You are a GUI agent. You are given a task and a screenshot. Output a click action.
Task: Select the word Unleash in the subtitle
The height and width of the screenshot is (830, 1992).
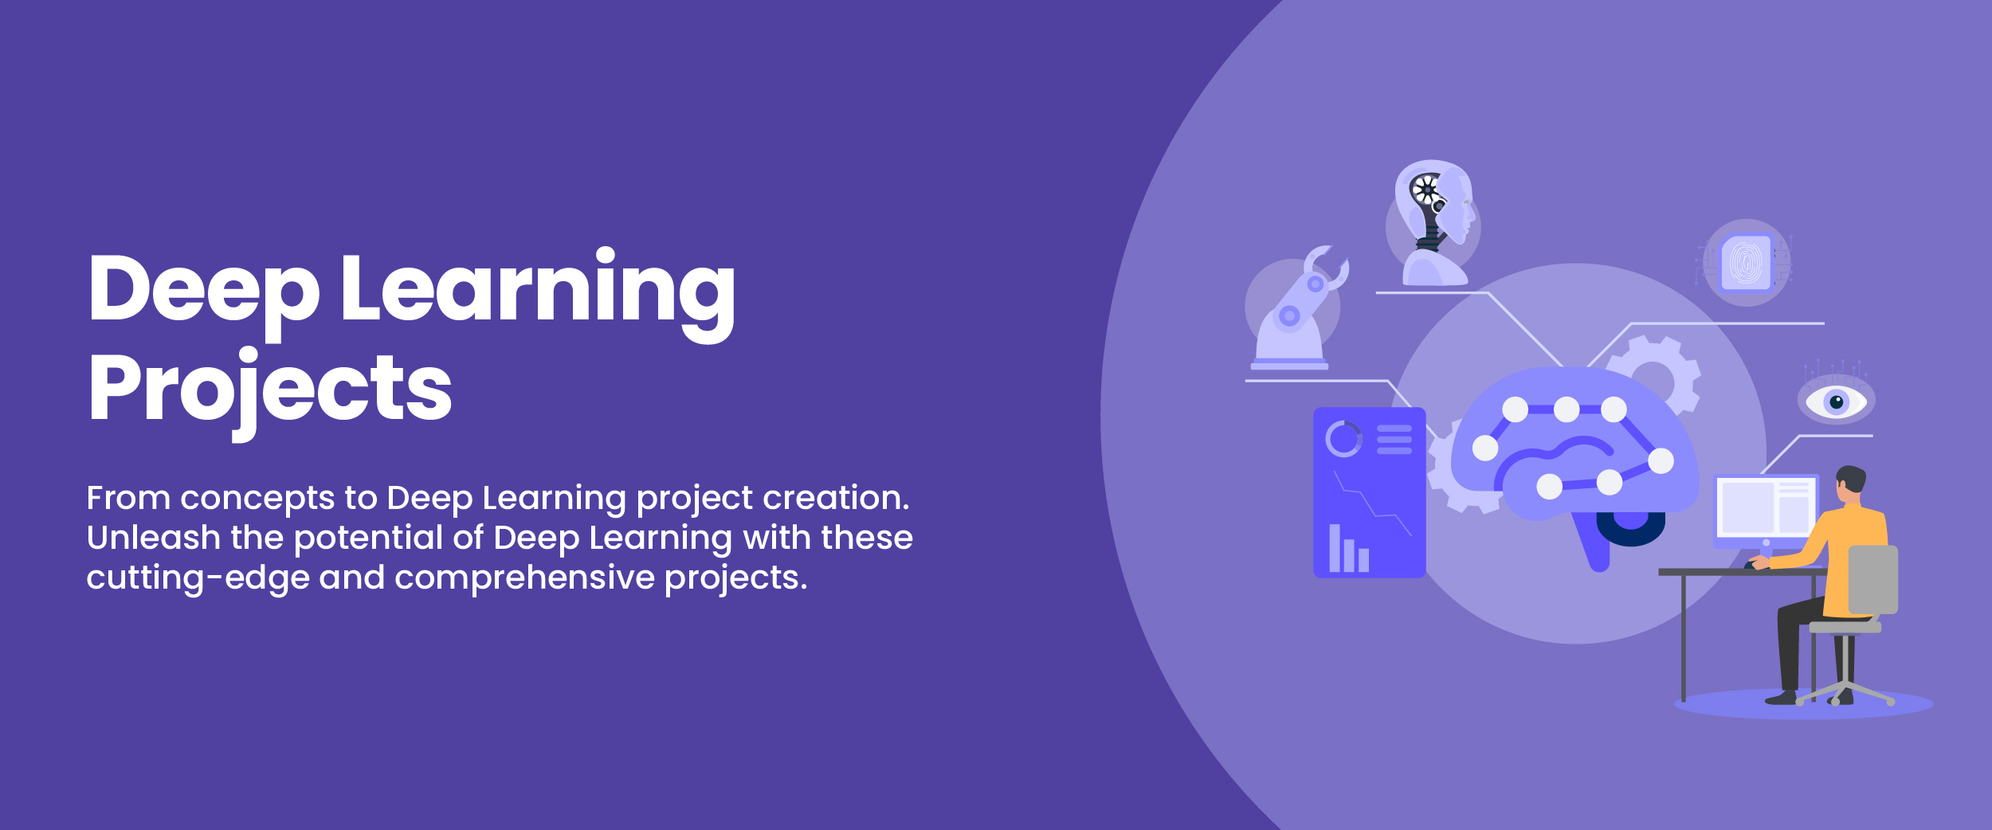coord(153,538)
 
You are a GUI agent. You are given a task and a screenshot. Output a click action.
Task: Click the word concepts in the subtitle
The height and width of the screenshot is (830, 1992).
coord(257,499)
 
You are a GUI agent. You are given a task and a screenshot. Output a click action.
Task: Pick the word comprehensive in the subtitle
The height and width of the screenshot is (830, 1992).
coord(524,577)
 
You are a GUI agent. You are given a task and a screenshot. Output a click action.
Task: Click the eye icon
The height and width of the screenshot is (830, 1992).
coord(1836,401)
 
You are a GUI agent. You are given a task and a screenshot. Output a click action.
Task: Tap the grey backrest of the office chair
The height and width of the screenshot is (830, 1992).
coord(1872,579)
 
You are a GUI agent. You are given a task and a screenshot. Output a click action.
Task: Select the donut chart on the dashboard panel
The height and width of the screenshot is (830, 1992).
coord(1343,439)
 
